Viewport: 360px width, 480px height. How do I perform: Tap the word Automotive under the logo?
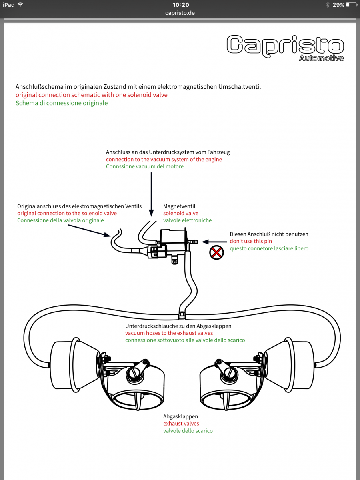[321, 58]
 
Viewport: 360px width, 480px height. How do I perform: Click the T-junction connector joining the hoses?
[182, 315]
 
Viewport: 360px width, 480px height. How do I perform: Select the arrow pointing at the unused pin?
[211, 241]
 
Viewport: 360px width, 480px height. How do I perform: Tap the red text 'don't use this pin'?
[251, 241]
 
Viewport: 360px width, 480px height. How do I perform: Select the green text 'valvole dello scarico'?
[188, 431]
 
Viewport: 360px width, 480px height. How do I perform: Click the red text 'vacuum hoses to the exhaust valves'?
[169, 333]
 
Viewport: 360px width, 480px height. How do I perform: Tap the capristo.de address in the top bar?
[180, 13]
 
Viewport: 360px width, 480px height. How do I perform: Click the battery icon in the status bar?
[351, 5]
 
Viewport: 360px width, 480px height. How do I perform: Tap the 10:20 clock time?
[180, 5]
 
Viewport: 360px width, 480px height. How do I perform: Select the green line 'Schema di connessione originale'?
[62, 103]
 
